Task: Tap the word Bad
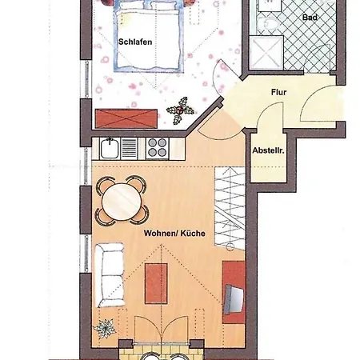(x=310, y=17)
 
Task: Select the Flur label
(x=278, y=92)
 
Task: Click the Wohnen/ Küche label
(x=175, y=233)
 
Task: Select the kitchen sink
(x=111, y=148)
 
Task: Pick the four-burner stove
(x=155, y=148)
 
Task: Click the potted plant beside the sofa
(x=104, y=328)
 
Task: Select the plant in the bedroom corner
(x=178, y=110)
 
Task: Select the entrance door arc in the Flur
(x=316, y=104)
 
